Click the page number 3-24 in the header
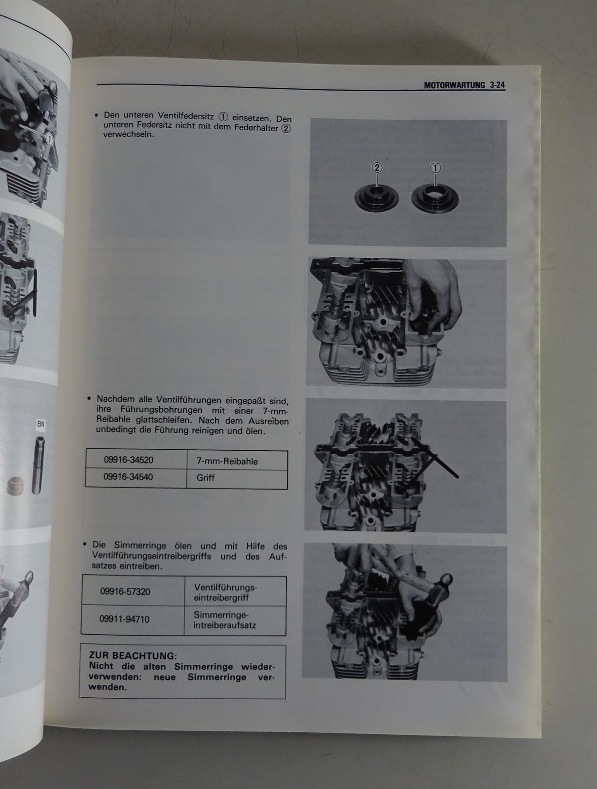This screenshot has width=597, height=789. pos(497,85)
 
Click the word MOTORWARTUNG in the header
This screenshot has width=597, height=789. pos(455,85)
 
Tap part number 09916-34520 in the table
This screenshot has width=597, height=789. pos(128,460)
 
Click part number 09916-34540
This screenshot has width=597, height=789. pos(128,477)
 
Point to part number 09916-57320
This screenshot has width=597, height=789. pos(125,591)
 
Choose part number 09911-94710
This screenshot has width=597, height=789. pos(124,619)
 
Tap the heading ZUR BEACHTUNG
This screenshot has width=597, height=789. pos(133,656)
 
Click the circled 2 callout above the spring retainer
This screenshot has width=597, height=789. pos(377,168)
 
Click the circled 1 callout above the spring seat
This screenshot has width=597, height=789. pos(435,168)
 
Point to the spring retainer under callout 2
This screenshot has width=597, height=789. pos(376,199)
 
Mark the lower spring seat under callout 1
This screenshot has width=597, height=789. pos(435,200)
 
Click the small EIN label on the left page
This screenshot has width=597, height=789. pos(40,424)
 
